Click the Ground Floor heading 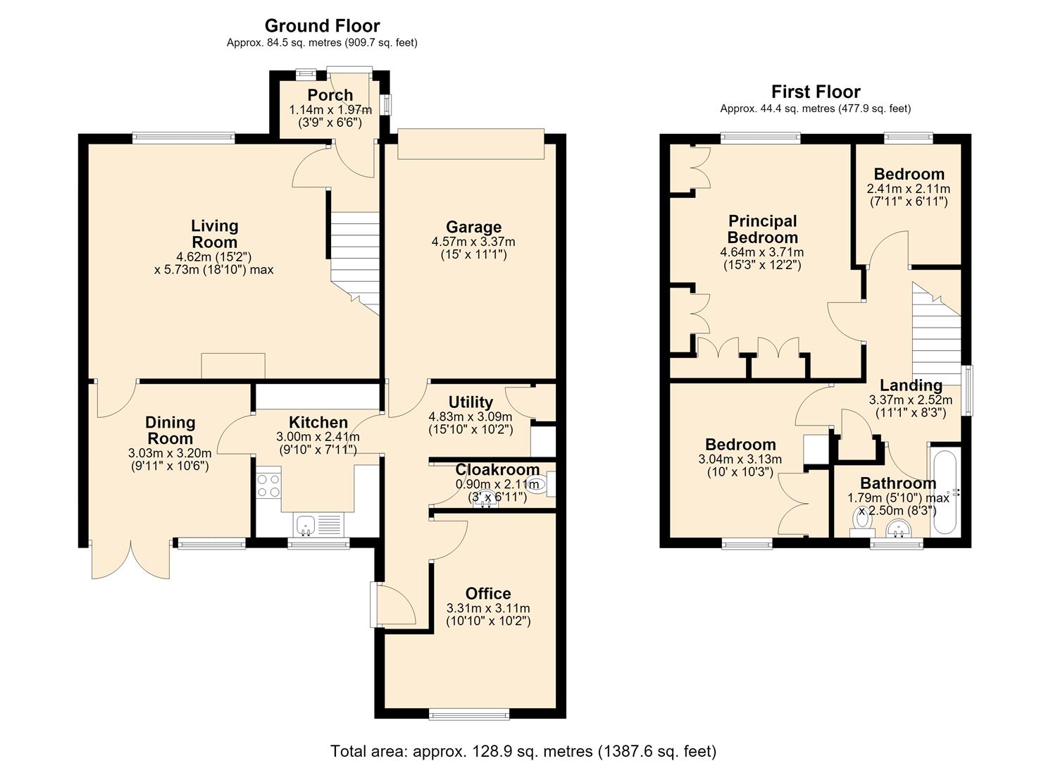[x=322, y=25]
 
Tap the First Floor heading [x=816, y=92]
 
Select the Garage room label [x=473, y=227]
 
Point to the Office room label [x=488, y=593]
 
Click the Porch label [x=330, y=95]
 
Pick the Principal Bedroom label [x=762, y=229]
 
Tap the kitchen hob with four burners [x=268, y=486]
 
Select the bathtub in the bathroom [x=944, y=490]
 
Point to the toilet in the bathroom [x=862, y=524]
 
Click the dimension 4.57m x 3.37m [x=473, y=242]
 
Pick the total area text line [x=523, y=738]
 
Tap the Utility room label [x=471, y=402]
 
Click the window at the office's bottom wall [x=469, y=714]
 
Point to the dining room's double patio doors [x=131, y=560]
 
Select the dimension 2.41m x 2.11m [x=908, y=190]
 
